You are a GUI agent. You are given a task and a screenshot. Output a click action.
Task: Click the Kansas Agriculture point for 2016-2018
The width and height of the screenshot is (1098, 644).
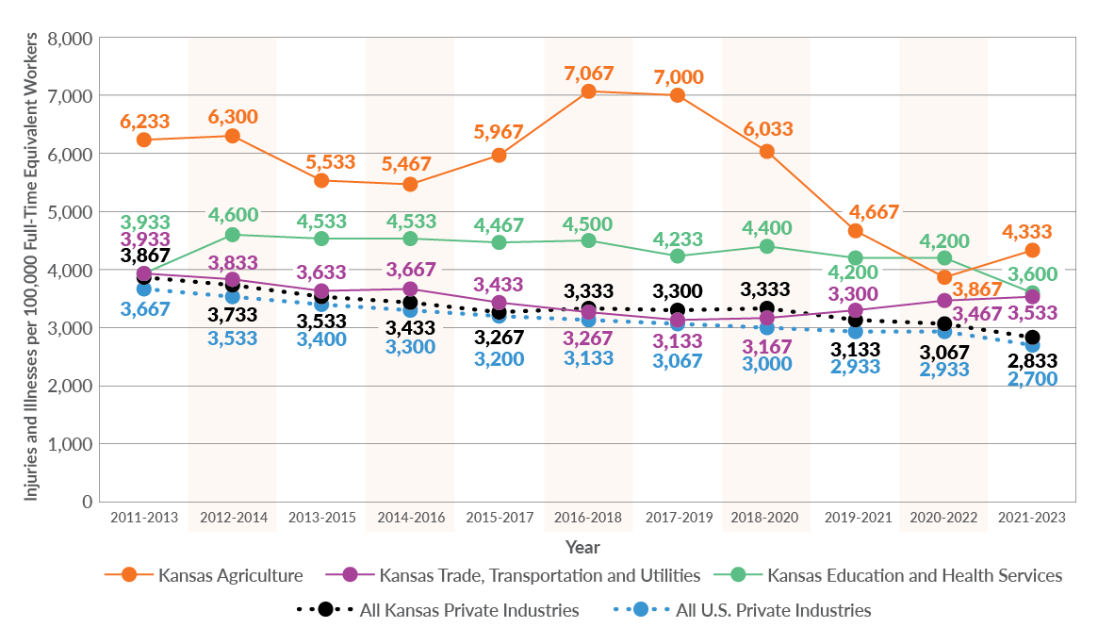click(x=588, y=91)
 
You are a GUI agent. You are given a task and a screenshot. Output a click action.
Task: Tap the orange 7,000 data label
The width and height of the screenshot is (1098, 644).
click(x=678, y=76)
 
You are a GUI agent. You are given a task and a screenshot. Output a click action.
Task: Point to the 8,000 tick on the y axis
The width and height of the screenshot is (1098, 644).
click(x=70, y=39)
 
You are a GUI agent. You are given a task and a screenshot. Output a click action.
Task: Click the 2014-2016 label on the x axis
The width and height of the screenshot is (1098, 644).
click(x=410, y=518)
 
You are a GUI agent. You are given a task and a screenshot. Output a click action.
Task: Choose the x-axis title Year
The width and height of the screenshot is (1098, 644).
click(x=582, y=547)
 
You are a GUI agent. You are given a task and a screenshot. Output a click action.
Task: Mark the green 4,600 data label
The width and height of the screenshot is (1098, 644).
click(x=233, y=215)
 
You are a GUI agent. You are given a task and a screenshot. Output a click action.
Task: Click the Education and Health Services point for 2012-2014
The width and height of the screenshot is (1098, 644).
click(x=233, y=234)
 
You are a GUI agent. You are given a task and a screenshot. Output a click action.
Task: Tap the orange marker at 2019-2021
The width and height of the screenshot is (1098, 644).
click(x=856, y=231)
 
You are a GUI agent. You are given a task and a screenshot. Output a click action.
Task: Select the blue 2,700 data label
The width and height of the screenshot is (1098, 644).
click(x=1033, y=379)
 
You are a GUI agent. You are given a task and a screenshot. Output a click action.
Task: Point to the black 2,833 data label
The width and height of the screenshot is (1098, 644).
click(x=1033, y=360)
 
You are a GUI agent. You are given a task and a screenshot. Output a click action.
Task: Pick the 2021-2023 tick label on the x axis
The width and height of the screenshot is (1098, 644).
click(x=1032, y=518)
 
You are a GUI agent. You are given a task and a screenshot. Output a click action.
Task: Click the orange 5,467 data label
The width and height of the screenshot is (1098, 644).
click(x=411, y=165)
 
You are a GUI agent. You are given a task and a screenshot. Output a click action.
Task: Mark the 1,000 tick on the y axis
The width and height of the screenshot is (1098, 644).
click(x=70, y=444)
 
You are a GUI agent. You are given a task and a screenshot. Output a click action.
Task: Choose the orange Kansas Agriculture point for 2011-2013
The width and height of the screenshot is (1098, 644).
click(x=144, y=140)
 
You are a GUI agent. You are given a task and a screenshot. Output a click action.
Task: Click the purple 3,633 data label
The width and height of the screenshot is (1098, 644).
click(x=322, y=273)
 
